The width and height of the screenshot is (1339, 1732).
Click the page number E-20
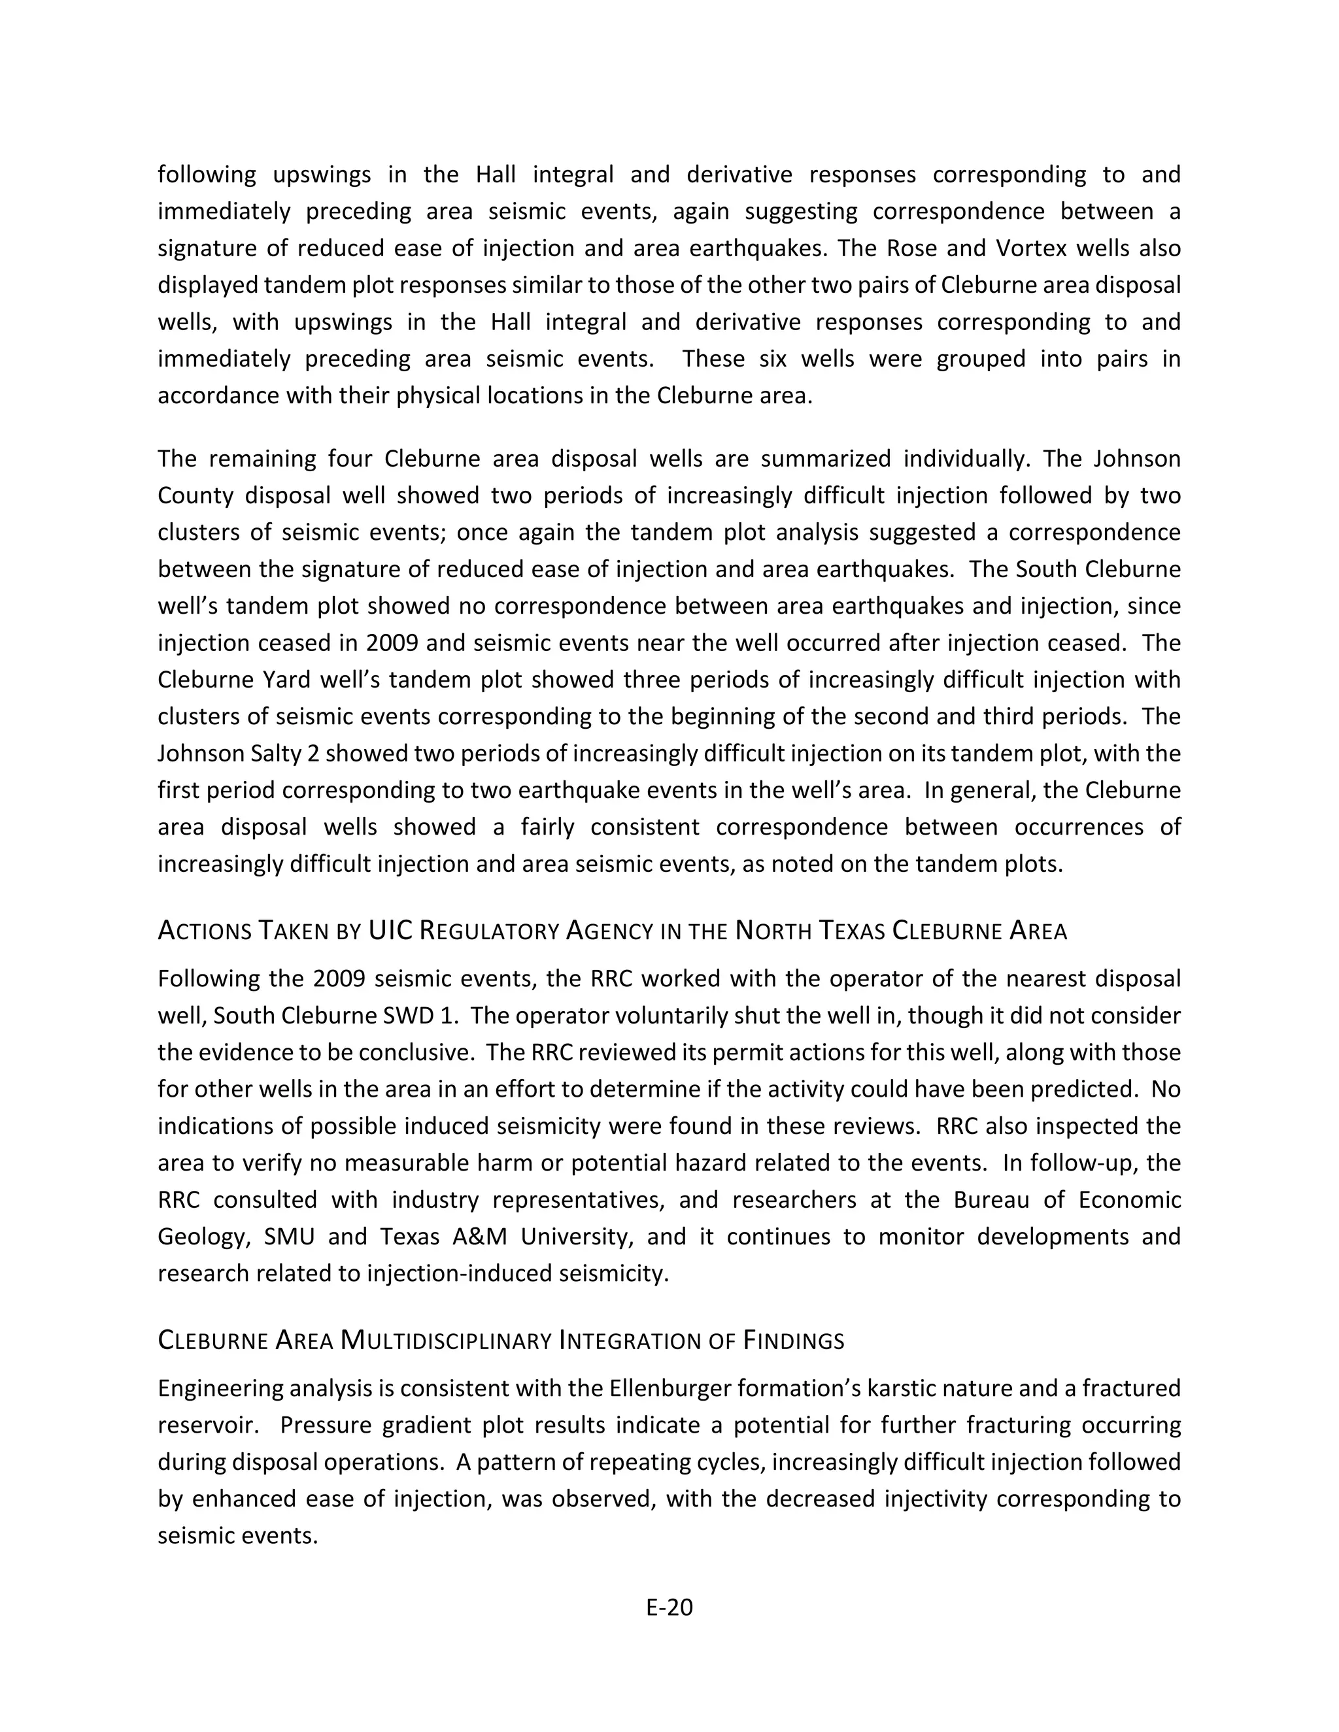(669, 1607)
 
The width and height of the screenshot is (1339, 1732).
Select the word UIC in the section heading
(390, 930)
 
